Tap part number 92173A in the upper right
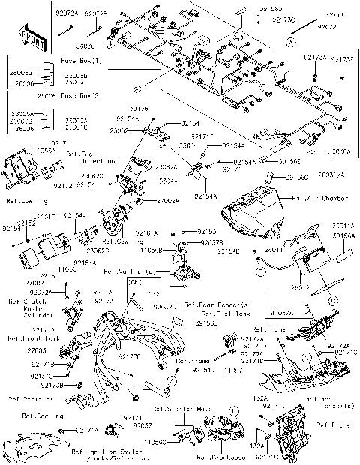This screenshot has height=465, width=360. point(315,57)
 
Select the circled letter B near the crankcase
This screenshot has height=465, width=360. point(233,411)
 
